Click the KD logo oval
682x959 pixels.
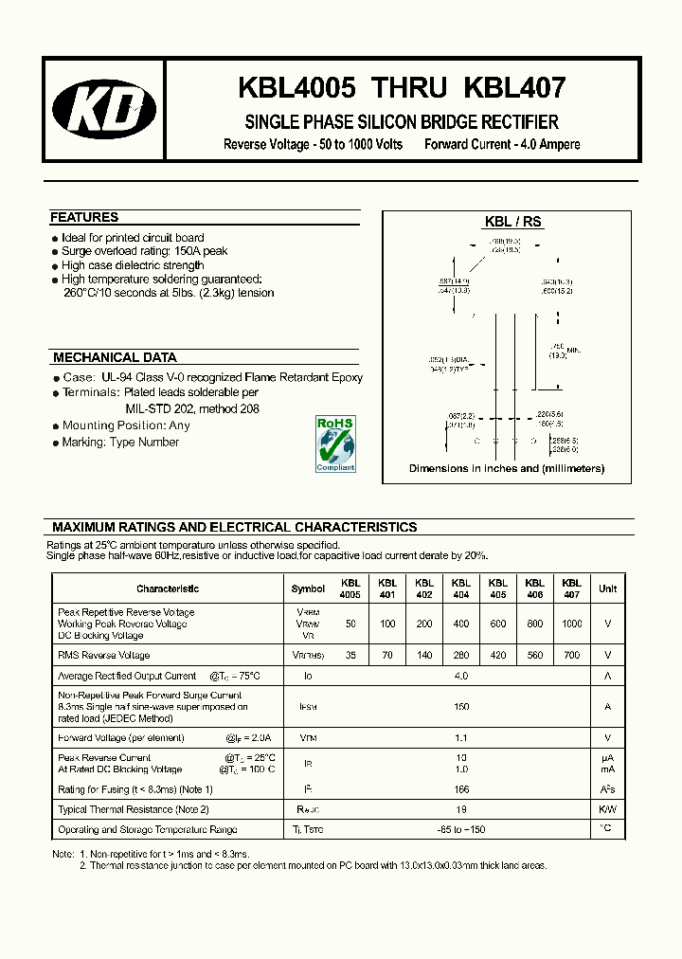click(x=104, y=117)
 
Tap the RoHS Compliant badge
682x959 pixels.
click(x=334, y=443)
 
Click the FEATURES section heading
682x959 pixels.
click(x=84, y=217)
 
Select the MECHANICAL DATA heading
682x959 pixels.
click(x=115, y=357)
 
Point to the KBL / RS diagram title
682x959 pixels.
click(x=512, y=221)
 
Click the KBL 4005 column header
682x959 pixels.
click(x=350, y=588)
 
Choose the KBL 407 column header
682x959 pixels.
click(x=571, y=588)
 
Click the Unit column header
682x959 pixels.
click(x=607, y=588)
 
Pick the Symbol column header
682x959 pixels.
click(x=308, y=588)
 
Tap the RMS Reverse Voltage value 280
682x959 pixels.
click(x=461, y=655)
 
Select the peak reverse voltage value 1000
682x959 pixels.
click(x=571, y=624)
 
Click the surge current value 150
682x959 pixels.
click(x=461, y=706)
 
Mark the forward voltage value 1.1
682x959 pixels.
click(x=461, y=737)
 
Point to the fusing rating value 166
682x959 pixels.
click(x=461, y=789)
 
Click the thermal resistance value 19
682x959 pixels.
click(x=461, y=809)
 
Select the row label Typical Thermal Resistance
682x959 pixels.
click(x=133, y=809)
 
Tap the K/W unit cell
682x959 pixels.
click(x=607, y=809)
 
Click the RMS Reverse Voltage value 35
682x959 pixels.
click(x=350, y=655)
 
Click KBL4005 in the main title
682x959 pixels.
click(x=296, y=88)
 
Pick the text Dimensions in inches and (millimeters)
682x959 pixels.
click(x=506, y=468)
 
